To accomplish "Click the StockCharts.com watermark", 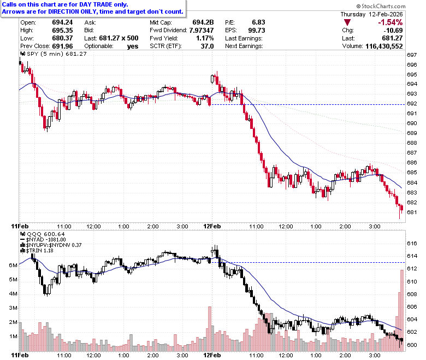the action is point(381,6).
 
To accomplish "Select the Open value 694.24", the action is point(62,22).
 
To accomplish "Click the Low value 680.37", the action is point(62,38).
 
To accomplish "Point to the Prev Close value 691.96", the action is point(62,46).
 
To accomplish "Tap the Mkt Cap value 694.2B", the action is point(203,22).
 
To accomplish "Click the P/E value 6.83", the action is point(258,22).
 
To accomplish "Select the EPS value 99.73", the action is point(257,31).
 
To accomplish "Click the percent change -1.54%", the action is point(390,22).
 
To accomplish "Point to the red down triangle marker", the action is point(347,22).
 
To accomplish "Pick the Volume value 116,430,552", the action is point(384,46).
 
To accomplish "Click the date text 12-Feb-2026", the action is point(386,14).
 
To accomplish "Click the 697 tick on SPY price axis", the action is point(412,55).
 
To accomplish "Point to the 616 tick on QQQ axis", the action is point(412,244).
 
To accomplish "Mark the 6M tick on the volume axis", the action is point(13,265).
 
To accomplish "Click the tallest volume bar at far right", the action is point(402,310).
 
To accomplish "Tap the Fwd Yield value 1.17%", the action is point(205,38).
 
